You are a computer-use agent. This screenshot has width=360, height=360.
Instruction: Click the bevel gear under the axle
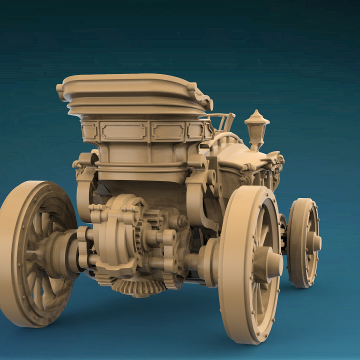coord(138,286)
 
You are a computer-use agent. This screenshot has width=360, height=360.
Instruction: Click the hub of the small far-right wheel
coord(313,242)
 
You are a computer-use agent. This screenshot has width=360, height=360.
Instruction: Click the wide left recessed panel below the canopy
coord(123,131)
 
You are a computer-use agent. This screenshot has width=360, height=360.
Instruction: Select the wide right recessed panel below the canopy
coord(168,131)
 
